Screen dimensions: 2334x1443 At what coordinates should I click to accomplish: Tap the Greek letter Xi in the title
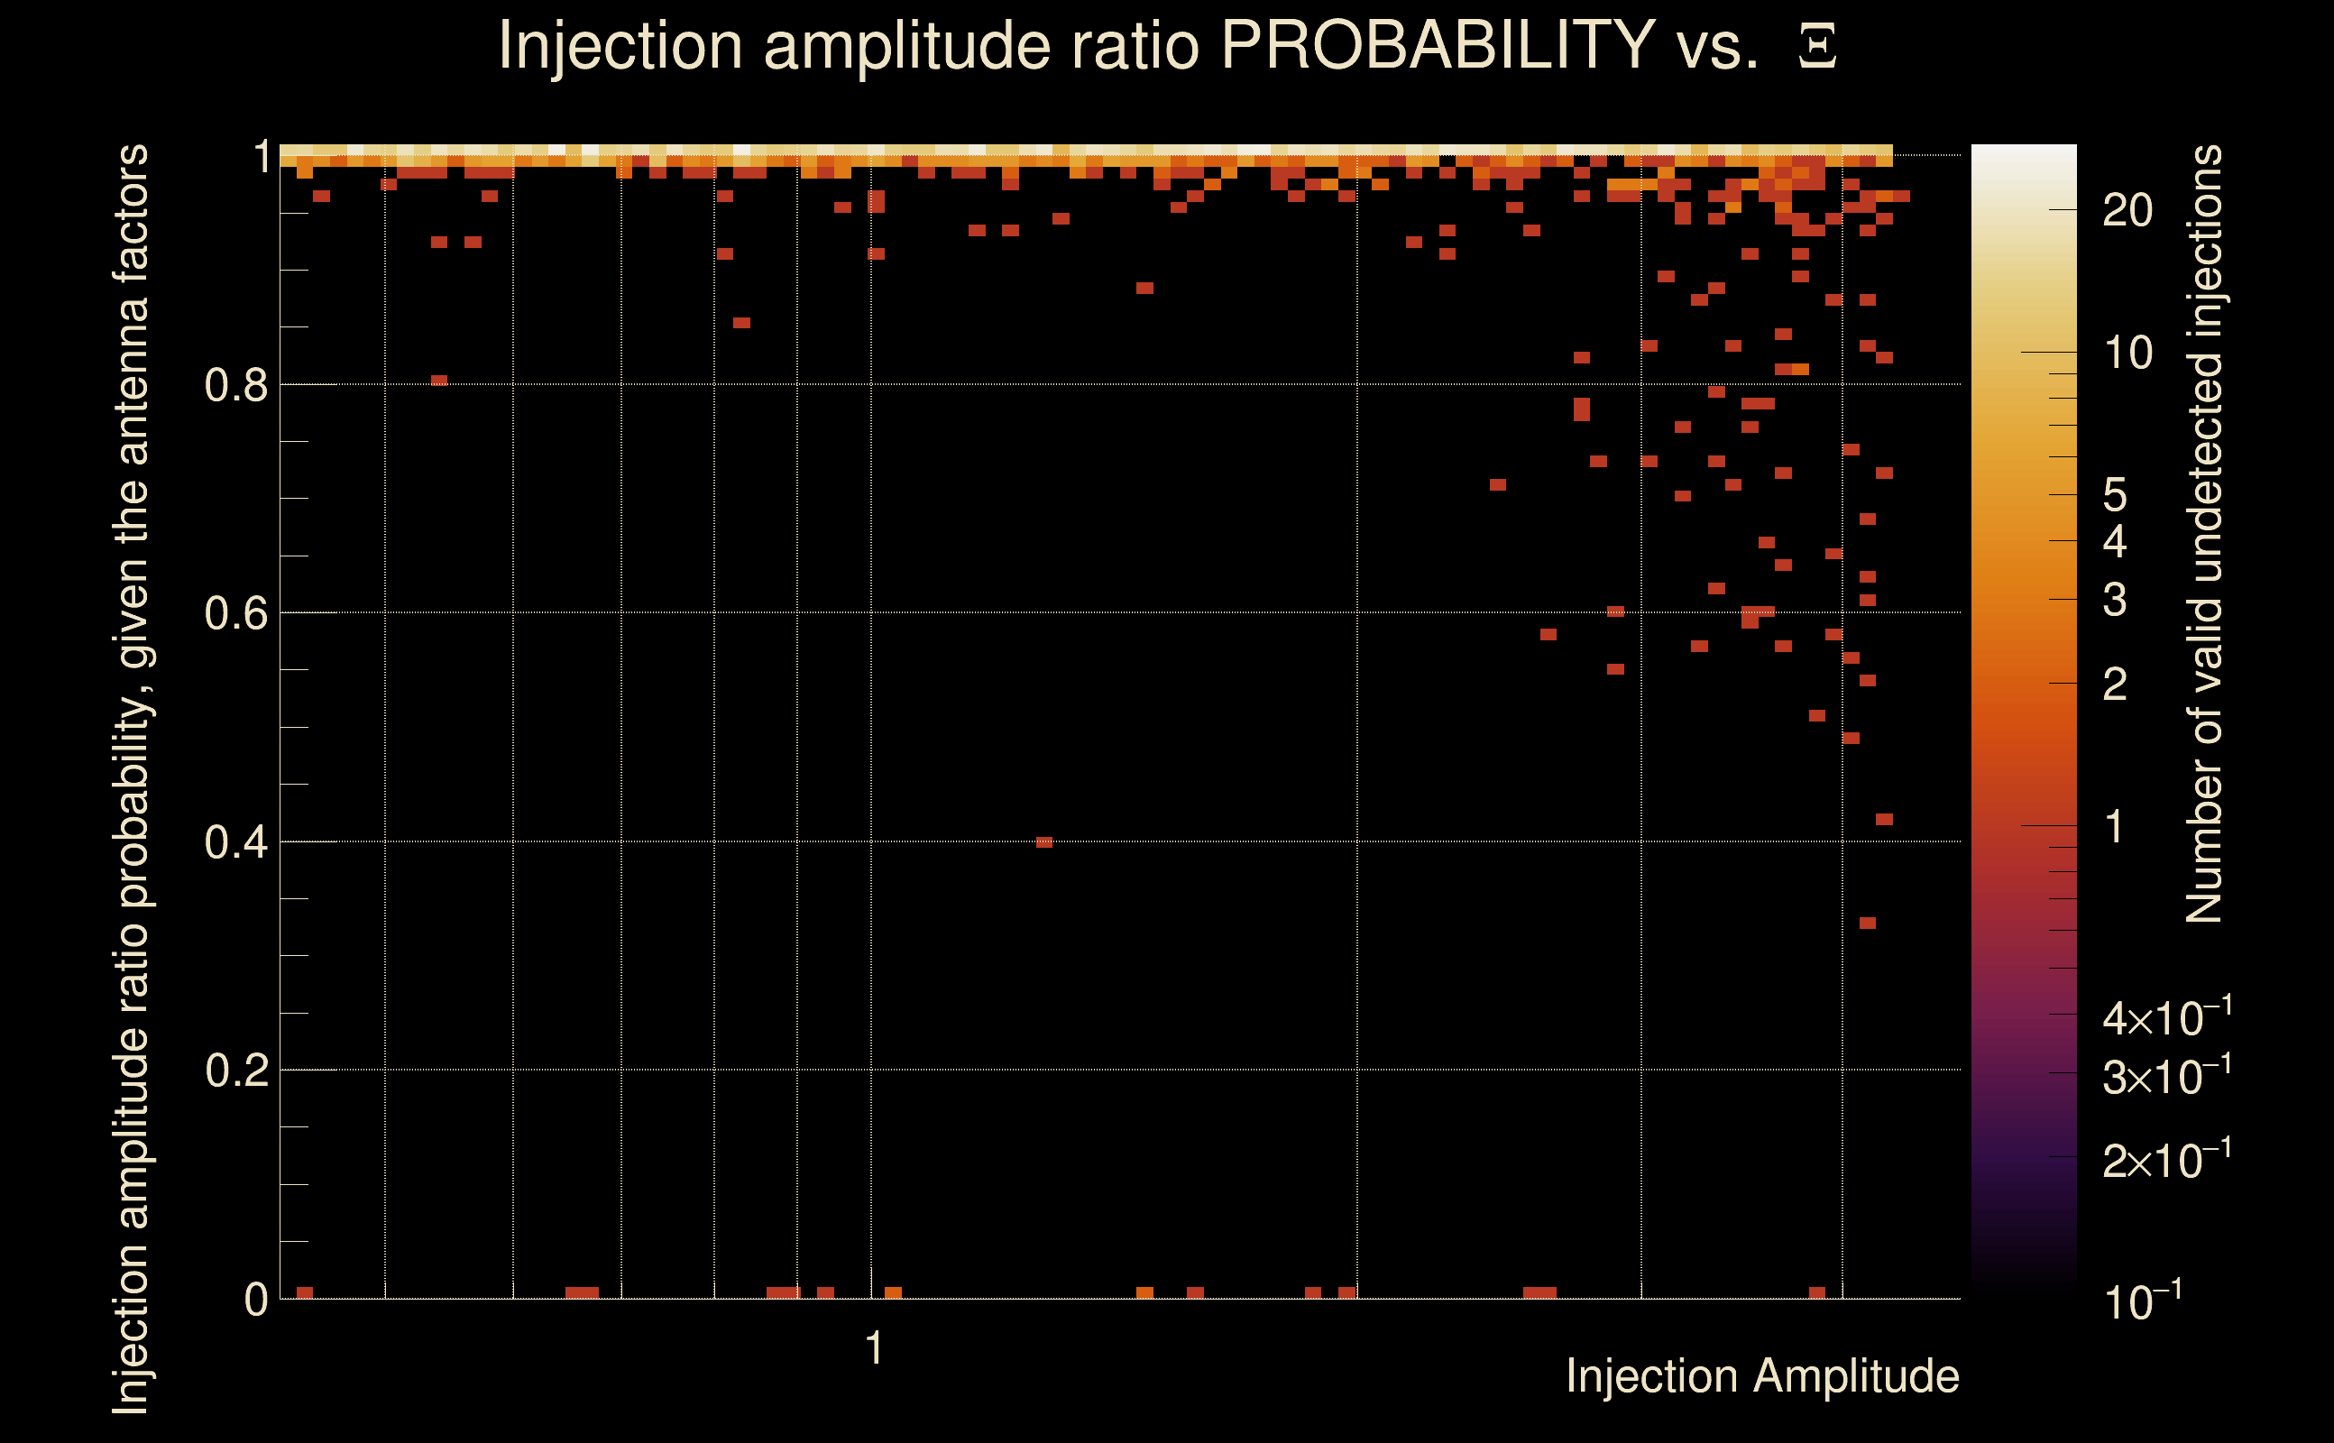(x=1818, y=46)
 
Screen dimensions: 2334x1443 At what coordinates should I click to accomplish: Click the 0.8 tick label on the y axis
(x=236, y=386)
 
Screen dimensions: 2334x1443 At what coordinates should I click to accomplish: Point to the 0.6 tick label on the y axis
(x=236, y=613)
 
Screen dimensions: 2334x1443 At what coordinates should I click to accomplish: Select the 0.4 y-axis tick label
(x=236, y=842)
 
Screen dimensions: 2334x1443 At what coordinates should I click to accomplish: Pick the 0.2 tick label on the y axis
(x=236, y=1071)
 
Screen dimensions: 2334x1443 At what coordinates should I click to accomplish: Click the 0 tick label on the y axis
(x=256, y=1300)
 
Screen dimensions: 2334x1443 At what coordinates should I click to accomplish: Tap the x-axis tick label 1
(x=874, y=1349)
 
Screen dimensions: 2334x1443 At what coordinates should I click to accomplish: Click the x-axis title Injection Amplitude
(x=1762, y=1377)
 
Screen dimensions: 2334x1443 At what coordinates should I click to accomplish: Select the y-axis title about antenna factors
(x=131, y=778)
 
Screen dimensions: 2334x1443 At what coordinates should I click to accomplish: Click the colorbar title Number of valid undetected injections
(x=2203, y=535)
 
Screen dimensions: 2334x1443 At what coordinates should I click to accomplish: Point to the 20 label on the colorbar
(x=2127, y=211)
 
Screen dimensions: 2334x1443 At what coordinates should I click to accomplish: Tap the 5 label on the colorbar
(x=2115, y=495)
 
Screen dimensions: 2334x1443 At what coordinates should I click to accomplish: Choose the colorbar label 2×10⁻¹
(x=2167, y=1159)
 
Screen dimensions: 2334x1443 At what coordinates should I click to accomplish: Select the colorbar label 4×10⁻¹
(x=2167, y=1016)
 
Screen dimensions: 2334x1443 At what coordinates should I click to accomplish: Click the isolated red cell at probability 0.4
(x=1044, y=842)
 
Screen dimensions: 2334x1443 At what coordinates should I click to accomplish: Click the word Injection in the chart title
(x=621, y=45)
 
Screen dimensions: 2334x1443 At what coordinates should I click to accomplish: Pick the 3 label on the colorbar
(x=2115, y=601)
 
